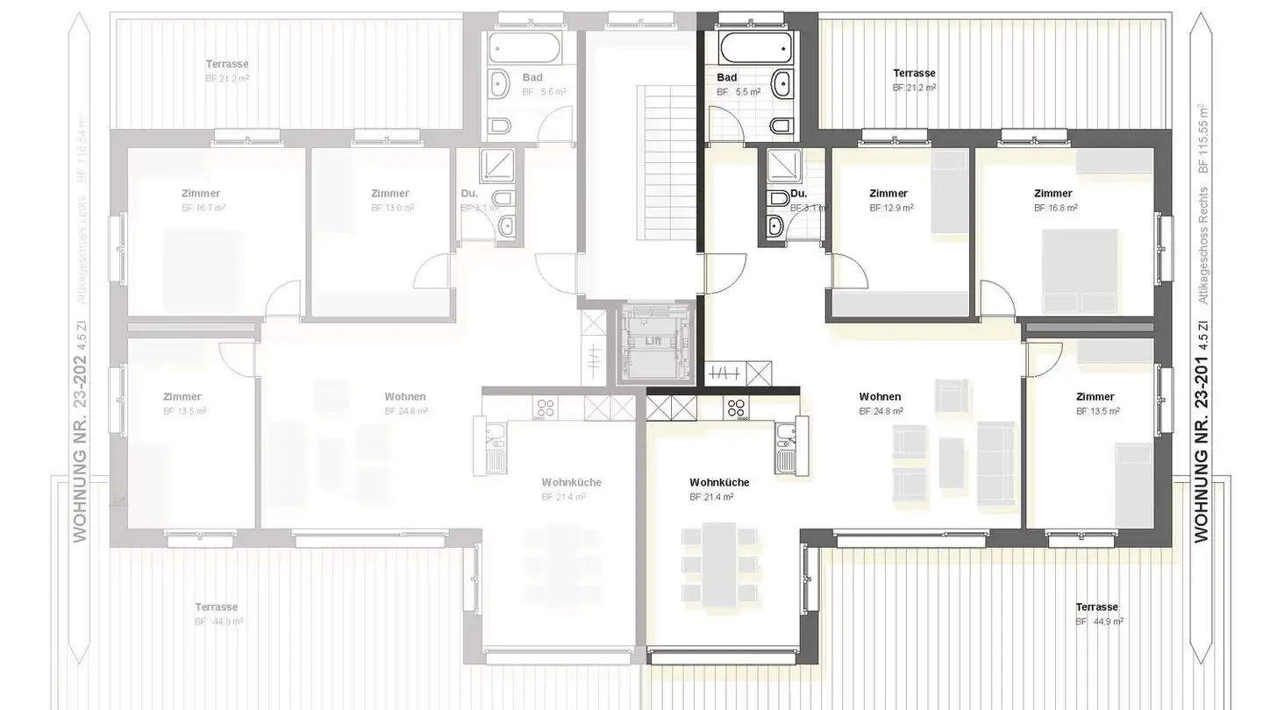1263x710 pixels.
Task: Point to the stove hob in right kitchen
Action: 736,408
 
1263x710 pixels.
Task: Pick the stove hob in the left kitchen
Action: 546,408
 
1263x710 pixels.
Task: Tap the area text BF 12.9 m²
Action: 891,209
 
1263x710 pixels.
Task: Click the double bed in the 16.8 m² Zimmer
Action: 1079,270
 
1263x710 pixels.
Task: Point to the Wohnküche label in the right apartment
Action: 719,482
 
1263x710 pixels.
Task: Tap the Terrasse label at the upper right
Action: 914,74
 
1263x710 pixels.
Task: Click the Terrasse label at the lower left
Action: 216,607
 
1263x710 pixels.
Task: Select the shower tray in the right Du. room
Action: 779,166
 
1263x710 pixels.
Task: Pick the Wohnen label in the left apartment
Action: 405,397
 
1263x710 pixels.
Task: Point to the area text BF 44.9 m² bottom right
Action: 1099,621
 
